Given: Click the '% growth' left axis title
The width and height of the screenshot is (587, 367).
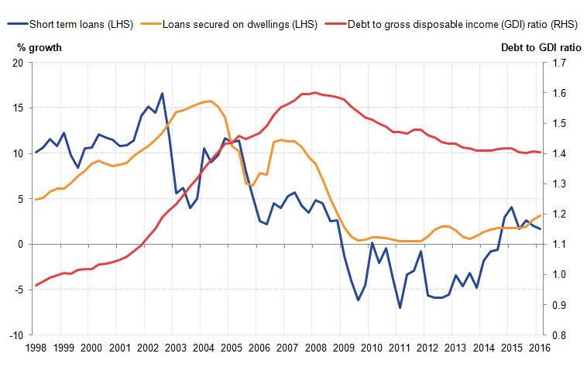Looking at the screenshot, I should [x=39, y=48].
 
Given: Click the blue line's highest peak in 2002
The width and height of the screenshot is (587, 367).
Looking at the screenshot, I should [x=162, y=94].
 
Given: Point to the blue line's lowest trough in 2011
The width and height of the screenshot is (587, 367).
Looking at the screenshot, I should [x=400, y=307].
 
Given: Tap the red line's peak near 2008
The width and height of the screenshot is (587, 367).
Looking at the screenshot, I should [x=314, y=92].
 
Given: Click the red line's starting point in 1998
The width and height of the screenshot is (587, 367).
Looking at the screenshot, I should [x=36, y=286].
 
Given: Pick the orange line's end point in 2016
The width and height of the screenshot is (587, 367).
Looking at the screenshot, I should [x=541, y=215].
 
